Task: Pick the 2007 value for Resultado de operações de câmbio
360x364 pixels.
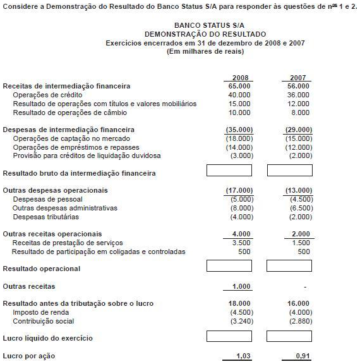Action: [x=299, y=112]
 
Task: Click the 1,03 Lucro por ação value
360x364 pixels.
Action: [x=243, y=356]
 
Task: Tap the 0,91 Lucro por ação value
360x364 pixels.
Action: [x=303, y=356]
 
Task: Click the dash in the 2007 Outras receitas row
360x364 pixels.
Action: [x=304, y=287]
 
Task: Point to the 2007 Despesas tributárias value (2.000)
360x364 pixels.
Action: [x=299, y=217]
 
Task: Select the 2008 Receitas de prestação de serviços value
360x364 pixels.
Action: [x=241, y=243]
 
